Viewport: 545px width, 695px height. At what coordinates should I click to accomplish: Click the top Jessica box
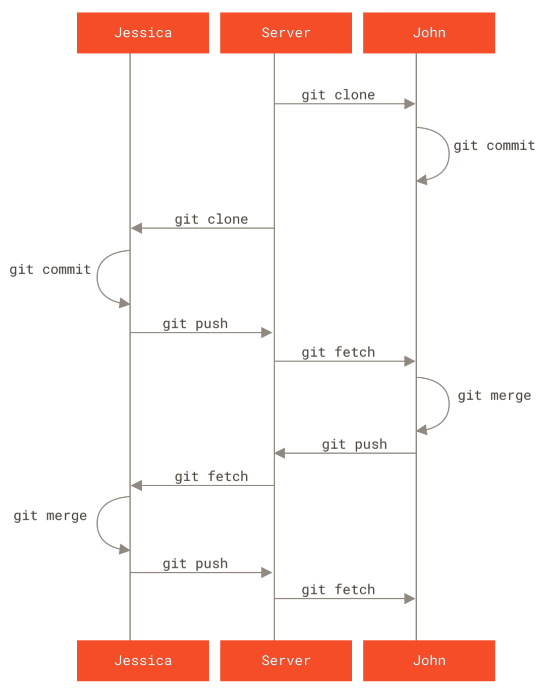click(143, 33)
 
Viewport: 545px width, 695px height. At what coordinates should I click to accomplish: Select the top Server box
click(286, 33)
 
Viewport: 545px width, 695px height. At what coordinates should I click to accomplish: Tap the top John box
click(429, 33)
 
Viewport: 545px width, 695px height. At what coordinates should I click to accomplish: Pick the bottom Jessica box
click(143, 661)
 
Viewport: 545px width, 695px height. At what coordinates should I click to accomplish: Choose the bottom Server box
click(286, 661)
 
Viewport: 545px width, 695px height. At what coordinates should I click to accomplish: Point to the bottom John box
click(429, 661)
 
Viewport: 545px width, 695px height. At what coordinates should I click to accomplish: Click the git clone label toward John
click(338, 95)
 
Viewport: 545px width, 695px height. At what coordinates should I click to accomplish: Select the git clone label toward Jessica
click(211, 220)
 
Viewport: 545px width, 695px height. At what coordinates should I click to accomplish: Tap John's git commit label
click(494, 146)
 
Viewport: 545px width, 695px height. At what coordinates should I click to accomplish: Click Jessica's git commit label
click(50, 270)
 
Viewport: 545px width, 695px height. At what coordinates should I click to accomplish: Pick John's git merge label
click(494, 396)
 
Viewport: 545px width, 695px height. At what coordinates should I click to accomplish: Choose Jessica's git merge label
click(50, 516)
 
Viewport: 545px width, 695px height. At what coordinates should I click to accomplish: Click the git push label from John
click(354, 444)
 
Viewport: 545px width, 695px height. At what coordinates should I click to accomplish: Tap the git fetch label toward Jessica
click(211, 477)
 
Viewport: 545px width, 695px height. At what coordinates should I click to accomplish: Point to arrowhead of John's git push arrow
click(280, 453)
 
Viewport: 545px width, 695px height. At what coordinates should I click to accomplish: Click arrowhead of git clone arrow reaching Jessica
click(136, 228)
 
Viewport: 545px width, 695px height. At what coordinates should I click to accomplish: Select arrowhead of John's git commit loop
click(422, 180)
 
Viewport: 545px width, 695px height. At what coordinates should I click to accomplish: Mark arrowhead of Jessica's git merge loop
click(125, 549)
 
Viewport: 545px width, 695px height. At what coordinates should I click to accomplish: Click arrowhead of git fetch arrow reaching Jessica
click(136, 486)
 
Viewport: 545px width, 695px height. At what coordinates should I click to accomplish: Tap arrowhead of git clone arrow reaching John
click(410, 104)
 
